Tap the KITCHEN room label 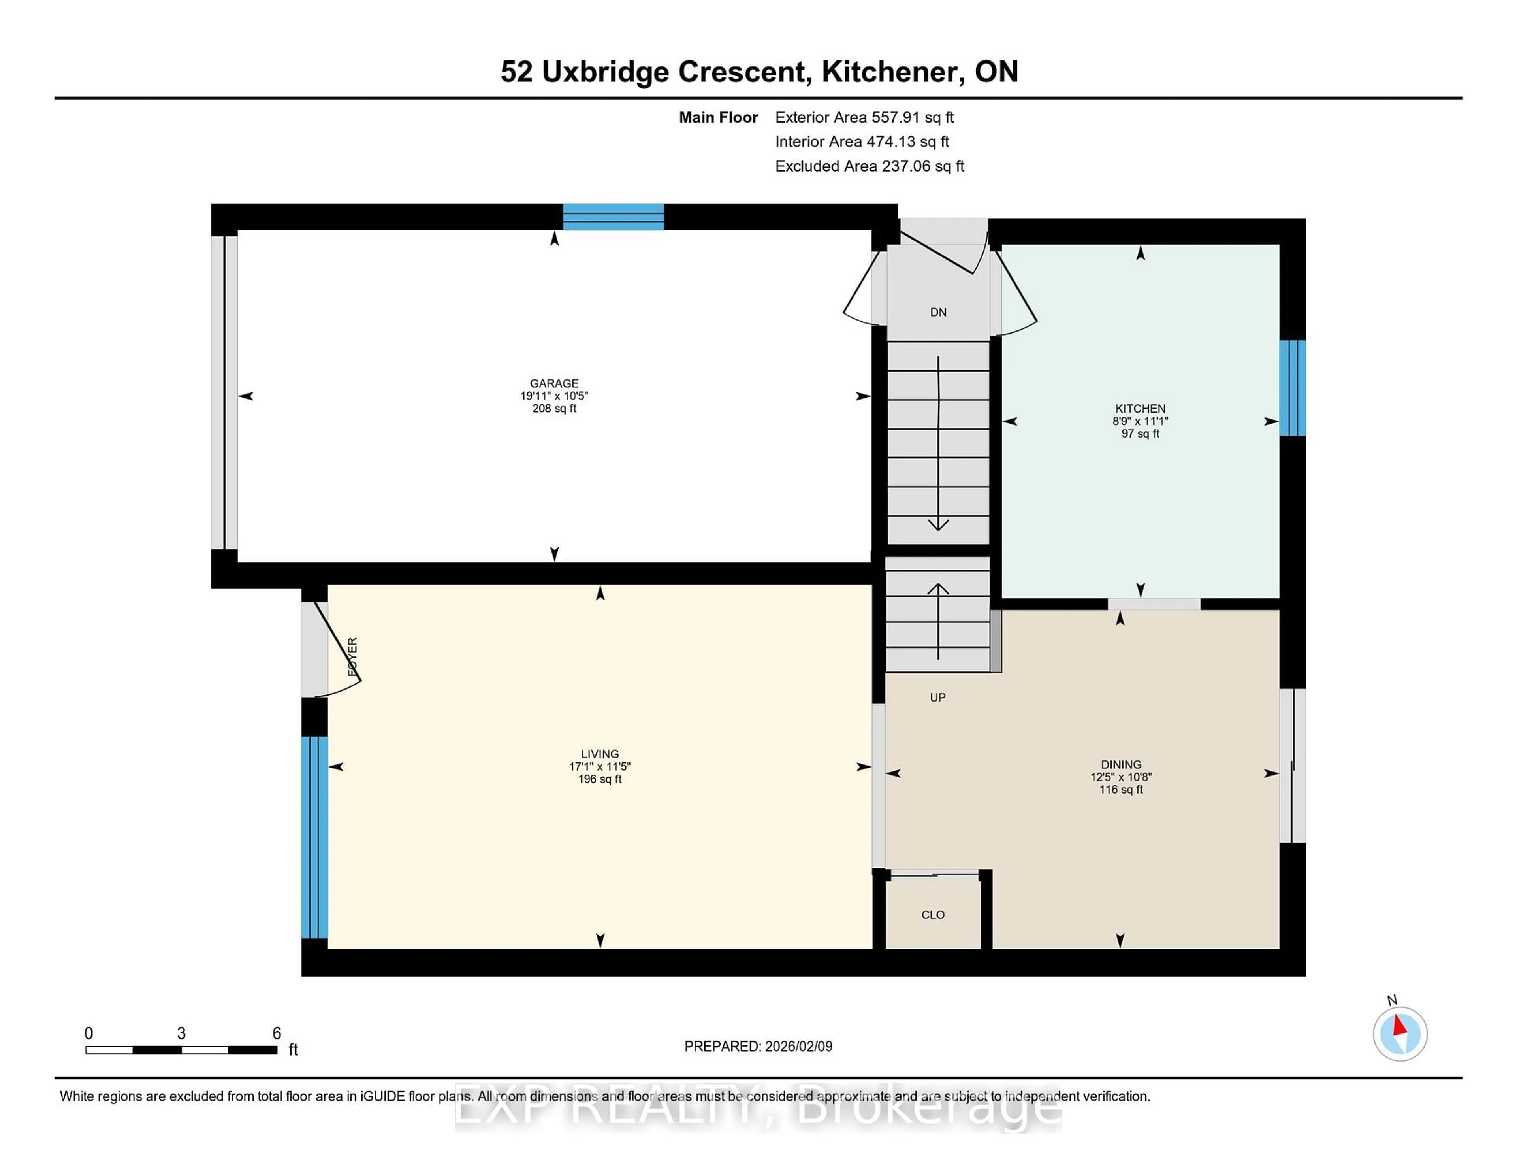tap(1140, 409)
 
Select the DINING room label tap(1120, 764)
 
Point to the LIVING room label tap(599, 754)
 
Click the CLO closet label tap(932, 915)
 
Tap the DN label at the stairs tap(938, 312)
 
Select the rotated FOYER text tap(352, 657)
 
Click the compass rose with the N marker tap(1400, 1033)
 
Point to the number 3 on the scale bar tap(181, 1033)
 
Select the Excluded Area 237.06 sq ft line tap(869, 166)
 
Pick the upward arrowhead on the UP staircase tap(938, 588)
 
